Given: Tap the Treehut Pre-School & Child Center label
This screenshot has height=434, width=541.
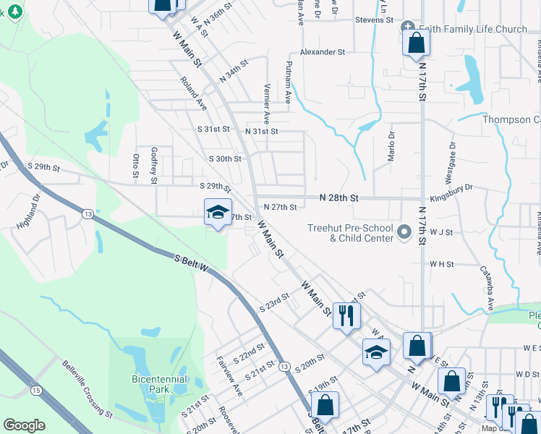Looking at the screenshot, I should click(x=350, y=232).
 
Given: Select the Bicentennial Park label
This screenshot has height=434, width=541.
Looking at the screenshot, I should click(x=159, y=384).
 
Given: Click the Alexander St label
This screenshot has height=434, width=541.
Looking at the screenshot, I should click(x=323, y=53).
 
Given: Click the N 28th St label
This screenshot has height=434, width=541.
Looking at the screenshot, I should click(x=340, y=197).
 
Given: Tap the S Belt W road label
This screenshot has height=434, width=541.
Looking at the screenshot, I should click(x=192, y=264).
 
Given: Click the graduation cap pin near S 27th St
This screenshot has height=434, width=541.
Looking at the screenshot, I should click(x=218, y=212).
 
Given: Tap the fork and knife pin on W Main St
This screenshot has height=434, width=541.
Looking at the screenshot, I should click(x=346, y=315).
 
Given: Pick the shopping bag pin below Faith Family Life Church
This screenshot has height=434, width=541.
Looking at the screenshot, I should click(x=416, y=43).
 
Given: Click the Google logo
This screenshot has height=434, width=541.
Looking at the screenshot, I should click(x=24, y=425).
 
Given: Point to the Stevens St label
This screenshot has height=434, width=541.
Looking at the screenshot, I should click(x=373, y=20).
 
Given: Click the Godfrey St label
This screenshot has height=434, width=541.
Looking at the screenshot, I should click(x=154, y=166).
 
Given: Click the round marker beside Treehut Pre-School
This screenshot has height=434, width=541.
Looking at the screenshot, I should click(x=404, y=232).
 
